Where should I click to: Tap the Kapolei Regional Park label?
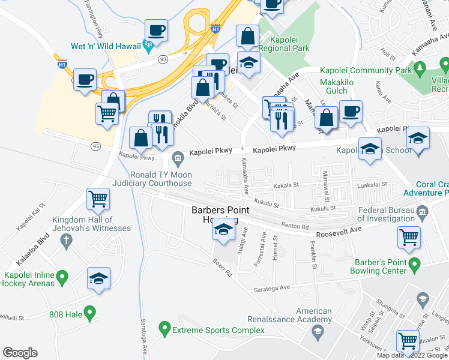click(x=286, y=43)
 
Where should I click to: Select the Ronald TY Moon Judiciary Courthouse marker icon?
click(x=178, y=158)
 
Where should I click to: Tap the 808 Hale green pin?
click(x=89, y=312)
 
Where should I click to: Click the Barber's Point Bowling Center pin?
click(x=414, y=263)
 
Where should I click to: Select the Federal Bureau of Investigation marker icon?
click(x=422, y=211)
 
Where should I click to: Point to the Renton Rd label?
click(x=294, y=226)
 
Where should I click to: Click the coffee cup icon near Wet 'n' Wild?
click(x=156, y=30)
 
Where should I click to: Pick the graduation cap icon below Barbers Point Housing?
click(x=223, y=230)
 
